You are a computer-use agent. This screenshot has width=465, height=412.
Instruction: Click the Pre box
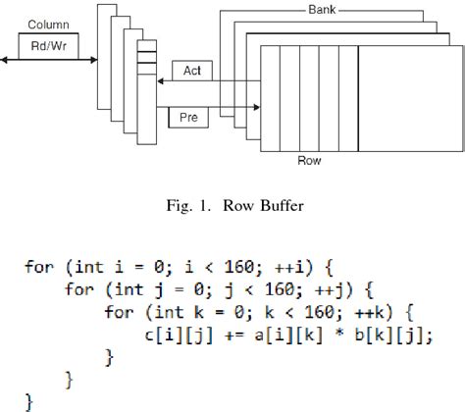pos(187,118)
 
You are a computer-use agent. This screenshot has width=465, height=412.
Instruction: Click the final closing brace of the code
pos(29,401)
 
